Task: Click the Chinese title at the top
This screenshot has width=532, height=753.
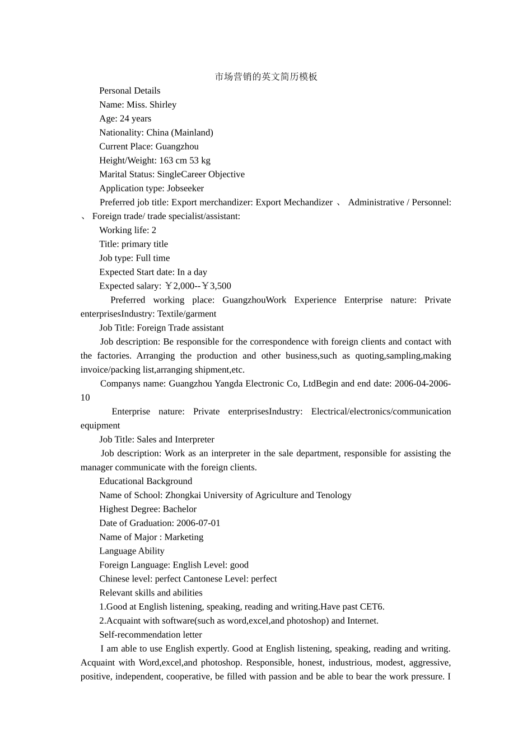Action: pyautogui.click(x=266, y=77)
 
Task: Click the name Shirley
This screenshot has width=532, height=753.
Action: pyautogui.click(x=163, y=105)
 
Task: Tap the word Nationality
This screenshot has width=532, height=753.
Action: pyautogui.click(x=120, y=133)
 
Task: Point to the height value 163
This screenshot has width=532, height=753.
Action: pyautogui.click(x=166, y=161)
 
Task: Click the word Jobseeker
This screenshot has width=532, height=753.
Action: pyautogui.click(x=185, y=188)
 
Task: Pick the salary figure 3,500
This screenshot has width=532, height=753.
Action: pyautogui.click(x=220, y=286)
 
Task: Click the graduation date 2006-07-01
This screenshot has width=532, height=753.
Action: pyautogui.click(x=198, y=523)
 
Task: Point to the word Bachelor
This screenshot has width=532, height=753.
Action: pyautogui.click(x=180, y=509)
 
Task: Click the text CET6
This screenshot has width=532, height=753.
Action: pyautogui.click(x=372, y=607)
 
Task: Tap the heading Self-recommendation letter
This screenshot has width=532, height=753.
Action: pyautogui.click(x=151, y=635)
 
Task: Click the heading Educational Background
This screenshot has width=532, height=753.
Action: pyautogui.click(x=146, y=481)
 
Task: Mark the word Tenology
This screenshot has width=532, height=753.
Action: pyautogui.click(x=334, y=495)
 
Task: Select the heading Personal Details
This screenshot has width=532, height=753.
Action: pyautogui.click(x=130, y=91)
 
